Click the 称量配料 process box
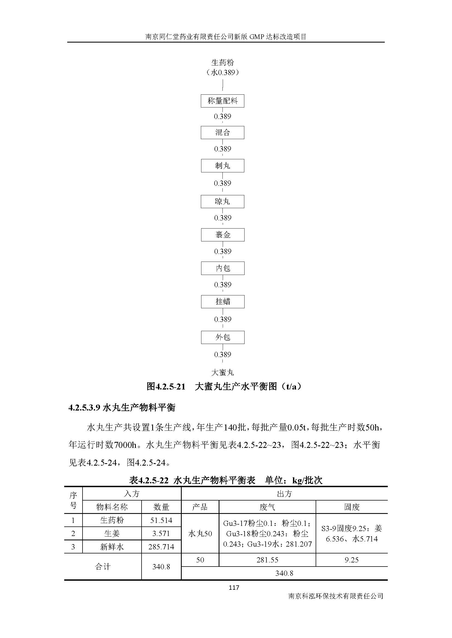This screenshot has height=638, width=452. [x=222, y=101]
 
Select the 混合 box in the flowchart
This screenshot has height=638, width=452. [x=222, y=133]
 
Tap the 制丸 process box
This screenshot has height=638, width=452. [x=222, y=166]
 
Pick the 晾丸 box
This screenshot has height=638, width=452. [x=222, y=202]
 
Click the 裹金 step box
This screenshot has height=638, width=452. [x=223, y=235]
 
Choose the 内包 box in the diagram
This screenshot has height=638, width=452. [x=223, y=268]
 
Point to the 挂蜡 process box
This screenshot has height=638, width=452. [x=223, y=301]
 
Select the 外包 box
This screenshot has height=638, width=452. [x=223, y=337]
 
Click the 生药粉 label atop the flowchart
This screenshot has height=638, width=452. [x=222, y=62]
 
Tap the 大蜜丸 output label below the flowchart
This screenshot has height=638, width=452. [x=222, y=372]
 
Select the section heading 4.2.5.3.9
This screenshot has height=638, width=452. [x=122, y=408]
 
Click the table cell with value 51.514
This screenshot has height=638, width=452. [x=161, y=520]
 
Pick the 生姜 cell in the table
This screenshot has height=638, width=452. [x=112, y=533]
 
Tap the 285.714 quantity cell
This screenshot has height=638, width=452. [x=161, y=547]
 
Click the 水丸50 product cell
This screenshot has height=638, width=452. [x=200, y=533]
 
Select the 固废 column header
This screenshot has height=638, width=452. [x=351, y=507]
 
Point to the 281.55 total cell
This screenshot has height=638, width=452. [x=267, y=560]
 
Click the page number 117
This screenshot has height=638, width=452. [x=233, y=588]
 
